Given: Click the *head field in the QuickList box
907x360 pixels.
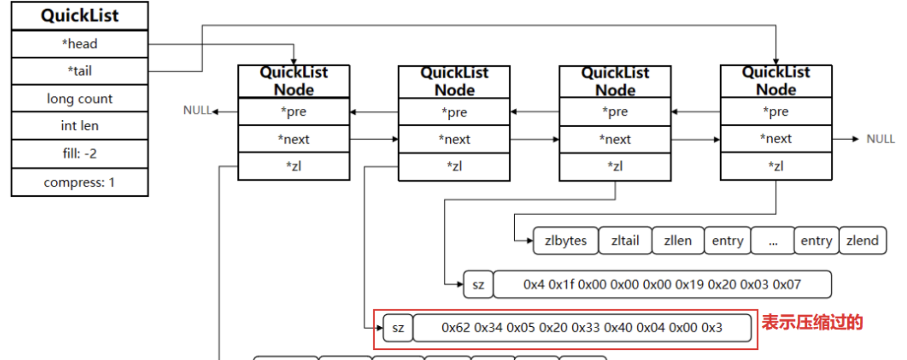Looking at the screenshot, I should point(79,44).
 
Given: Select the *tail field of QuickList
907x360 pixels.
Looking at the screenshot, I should point(79,71).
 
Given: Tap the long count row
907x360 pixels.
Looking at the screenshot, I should point(79,99).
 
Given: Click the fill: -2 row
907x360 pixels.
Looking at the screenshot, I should point(79,154).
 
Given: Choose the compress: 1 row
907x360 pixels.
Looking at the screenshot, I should point(79,182).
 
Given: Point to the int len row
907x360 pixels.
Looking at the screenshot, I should point(79,126).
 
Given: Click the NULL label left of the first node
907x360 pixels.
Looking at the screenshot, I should point(197,111).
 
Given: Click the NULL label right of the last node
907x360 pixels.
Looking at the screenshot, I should point(880,139).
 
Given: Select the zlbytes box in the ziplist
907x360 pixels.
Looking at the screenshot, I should point(566,241).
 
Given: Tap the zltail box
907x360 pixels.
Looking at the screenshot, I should point(625,241).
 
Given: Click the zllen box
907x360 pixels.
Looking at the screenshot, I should point(677,241).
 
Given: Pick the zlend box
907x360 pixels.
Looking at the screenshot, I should point(862,241).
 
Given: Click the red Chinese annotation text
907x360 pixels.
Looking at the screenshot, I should point(812,322).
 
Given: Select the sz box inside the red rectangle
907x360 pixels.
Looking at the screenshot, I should point(398,328).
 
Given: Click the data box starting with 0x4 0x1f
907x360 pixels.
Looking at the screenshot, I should point(662,284).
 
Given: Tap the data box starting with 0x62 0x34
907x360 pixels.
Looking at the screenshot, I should point(582,328).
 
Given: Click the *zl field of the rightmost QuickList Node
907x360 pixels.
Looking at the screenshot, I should point(776,167).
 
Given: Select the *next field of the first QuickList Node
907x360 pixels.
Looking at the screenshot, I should point(293,140).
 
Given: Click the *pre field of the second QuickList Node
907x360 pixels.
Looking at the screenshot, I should point(454,113).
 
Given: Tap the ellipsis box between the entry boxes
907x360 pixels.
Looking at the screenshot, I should point(772,241).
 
